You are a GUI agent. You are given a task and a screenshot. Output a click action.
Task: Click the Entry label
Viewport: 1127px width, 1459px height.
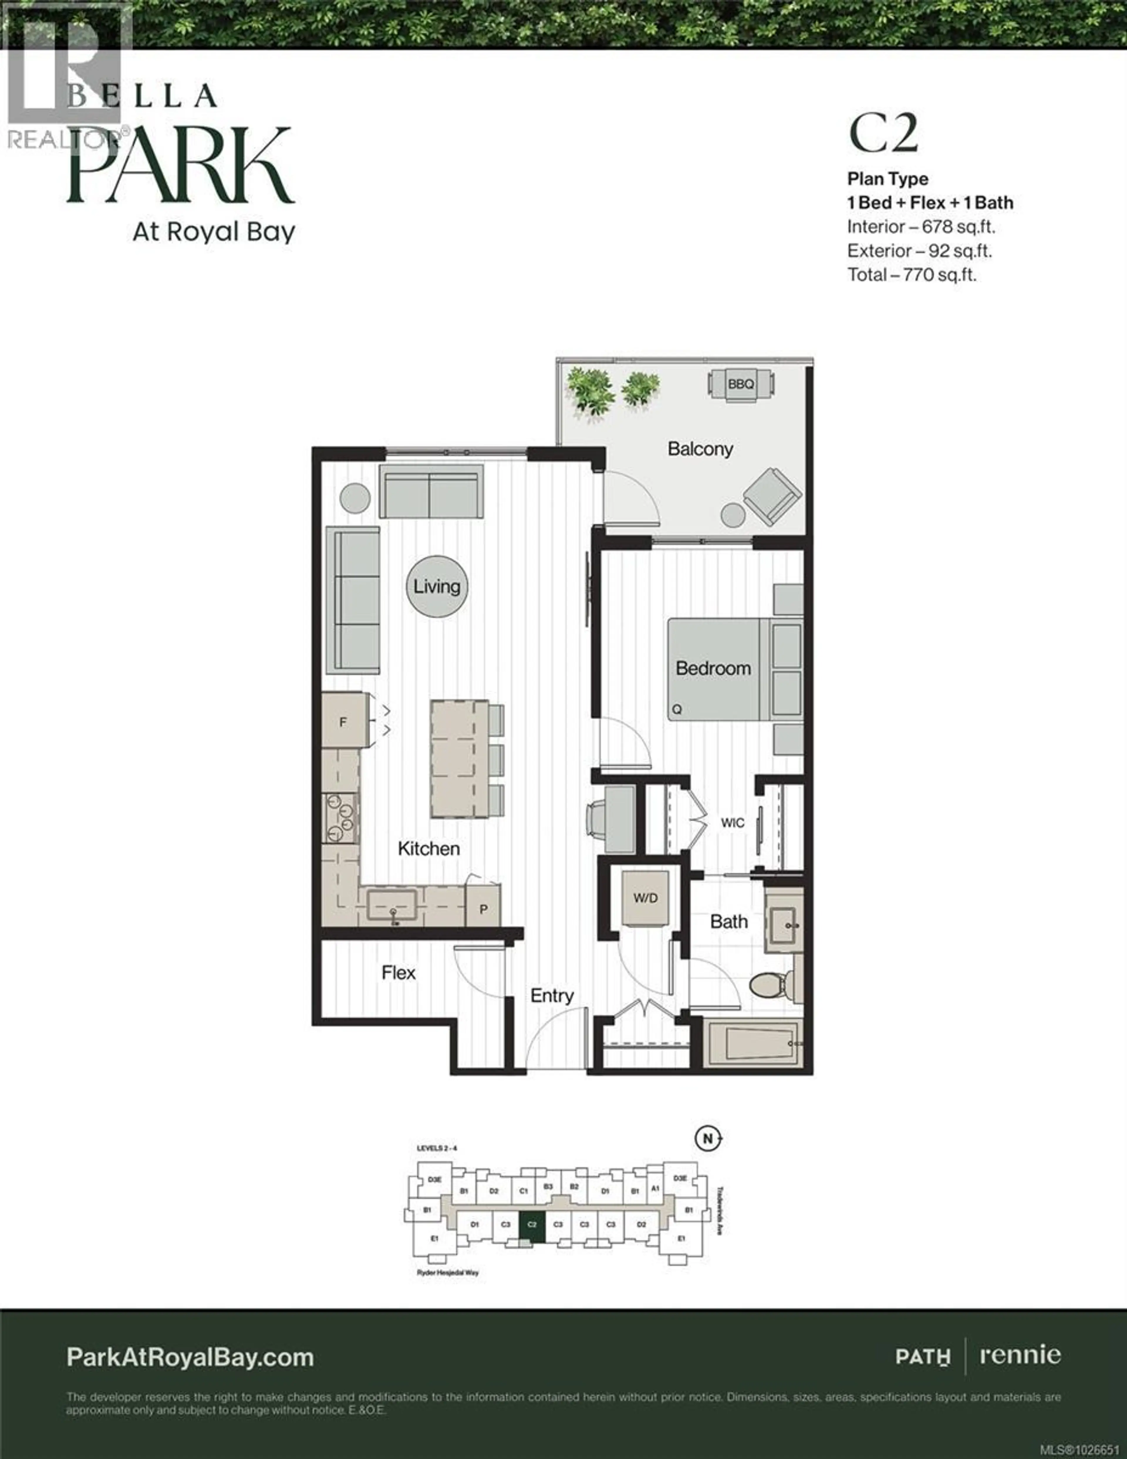tap(552, 996)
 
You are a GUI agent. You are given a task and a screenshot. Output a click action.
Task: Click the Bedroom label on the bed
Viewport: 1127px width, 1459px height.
tap(713, 668)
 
